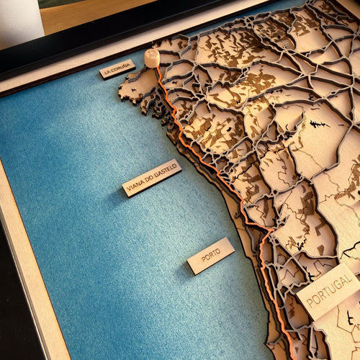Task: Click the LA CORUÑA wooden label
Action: click(117, 69)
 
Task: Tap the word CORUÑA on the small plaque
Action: click(121, 68)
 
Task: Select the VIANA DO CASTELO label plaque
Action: click(151, 177)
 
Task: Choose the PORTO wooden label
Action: click(211, 256)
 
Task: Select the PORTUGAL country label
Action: click(328, 290)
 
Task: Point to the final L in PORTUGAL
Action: click(351, 279)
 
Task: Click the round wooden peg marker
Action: click(152, 58)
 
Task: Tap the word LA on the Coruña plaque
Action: click(107, 73)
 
